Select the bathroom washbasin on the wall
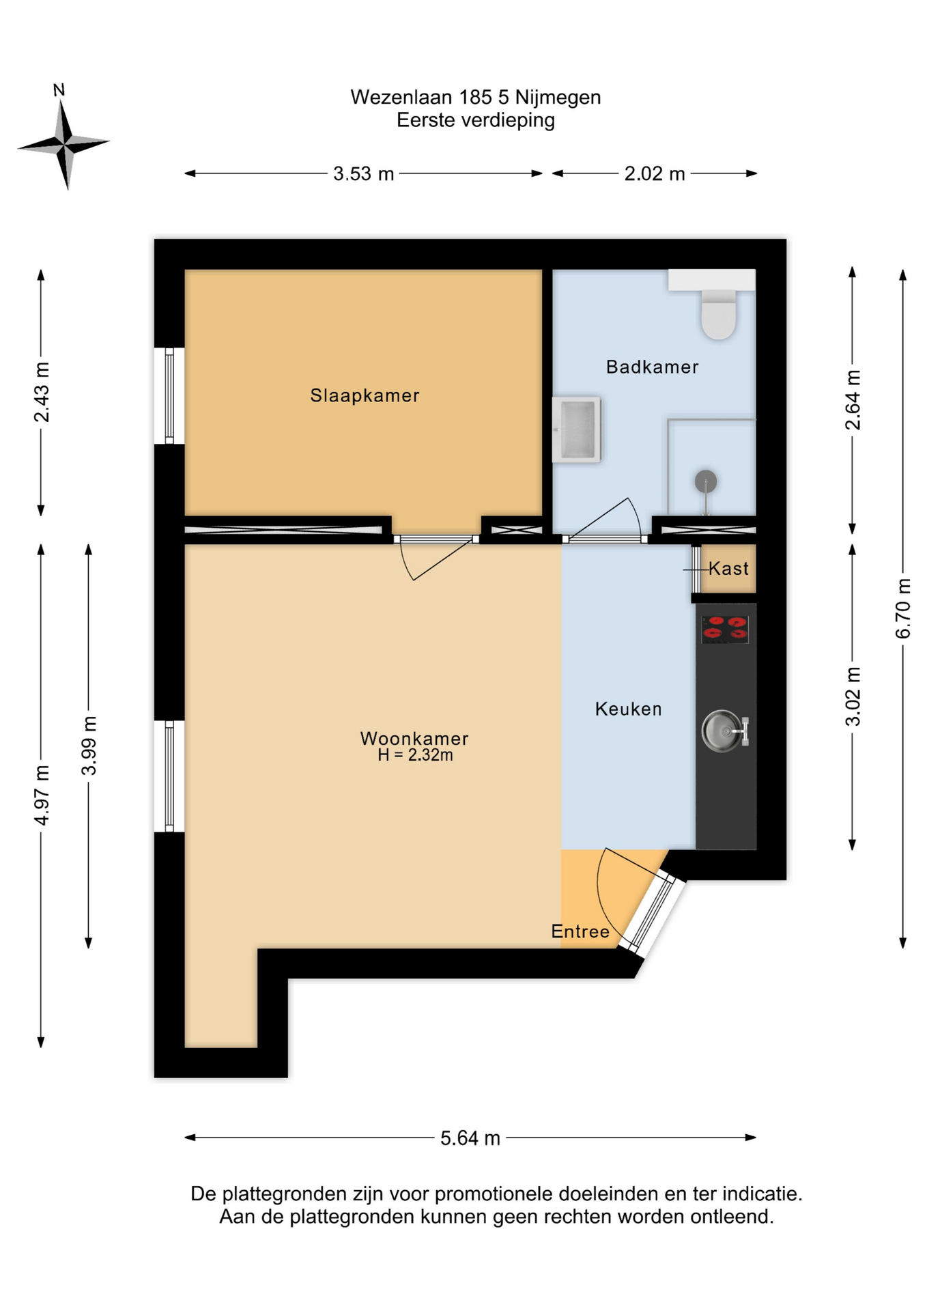[x=576, y=429]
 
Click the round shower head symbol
[x=706, y=482]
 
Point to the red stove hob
[x=725, y=629]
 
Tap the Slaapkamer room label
[x=365, y=395]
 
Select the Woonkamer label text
[x=414, y=738]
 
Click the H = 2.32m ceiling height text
[x=415, y=755]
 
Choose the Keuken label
[x=628, y=709]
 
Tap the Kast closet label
[x=728, y=568]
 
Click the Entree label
[x=580, y=931]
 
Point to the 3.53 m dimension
[x=363, y=173]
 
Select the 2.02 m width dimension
[x=655, y=173]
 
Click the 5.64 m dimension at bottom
[x=470, y=1138]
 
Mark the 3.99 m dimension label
[x=89, y=746]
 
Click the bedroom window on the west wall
[x=169, y=396]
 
